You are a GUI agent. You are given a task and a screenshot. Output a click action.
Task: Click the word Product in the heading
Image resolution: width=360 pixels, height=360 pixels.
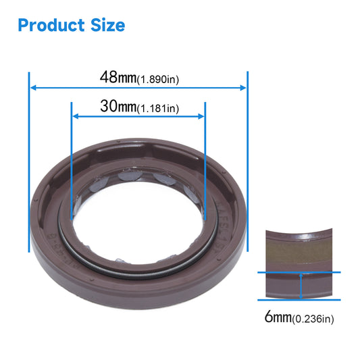(49, 25)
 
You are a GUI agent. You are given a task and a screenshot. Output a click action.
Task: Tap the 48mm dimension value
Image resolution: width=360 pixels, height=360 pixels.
(118, 78)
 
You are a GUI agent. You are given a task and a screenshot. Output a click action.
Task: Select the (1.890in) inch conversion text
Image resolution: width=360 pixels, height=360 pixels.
(159, 80)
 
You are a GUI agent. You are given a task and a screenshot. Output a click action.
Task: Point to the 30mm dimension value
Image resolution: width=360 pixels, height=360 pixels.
(117, 107)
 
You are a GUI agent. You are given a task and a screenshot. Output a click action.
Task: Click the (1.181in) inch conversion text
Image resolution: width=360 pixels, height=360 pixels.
(159, 109)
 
